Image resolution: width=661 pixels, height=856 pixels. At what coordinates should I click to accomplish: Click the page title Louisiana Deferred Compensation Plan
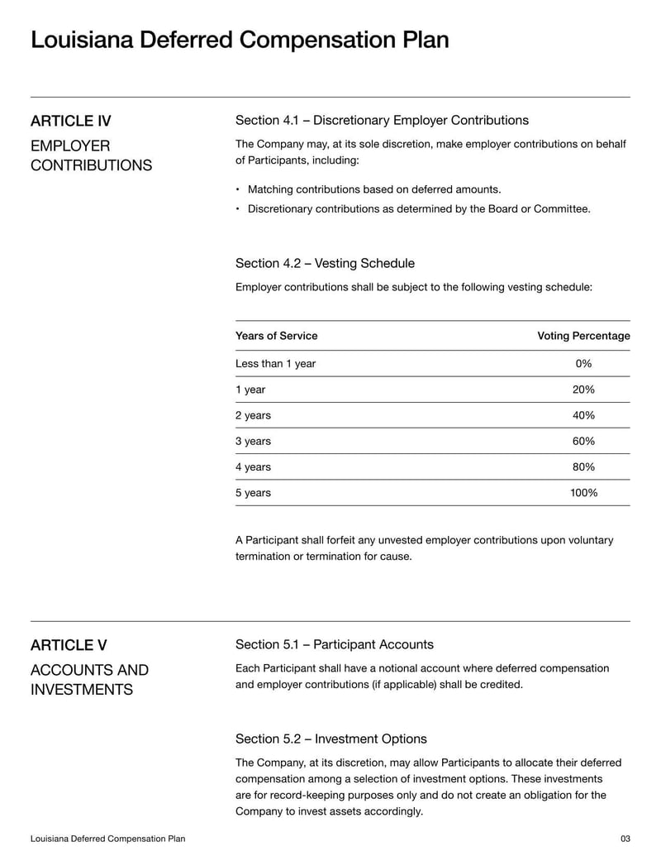(x=240, y=40)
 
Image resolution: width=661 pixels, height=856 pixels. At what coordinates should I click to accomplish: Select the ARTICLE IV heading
(x=71, y=122)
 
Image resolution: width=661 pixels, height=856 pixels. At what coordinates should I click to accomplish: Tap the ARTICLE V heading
(x=69, y=645)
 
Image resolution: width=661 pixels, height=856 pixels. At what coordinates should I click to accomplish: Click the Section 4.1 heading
(x=382, y=121)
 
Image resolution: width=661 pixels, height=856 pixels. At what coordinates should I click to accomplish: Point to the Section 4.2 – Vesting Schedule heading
(x=325, y=263)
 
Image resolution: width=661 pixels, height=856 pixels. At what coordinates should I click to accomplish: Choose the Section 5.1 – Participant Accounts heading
(x=334, y=644)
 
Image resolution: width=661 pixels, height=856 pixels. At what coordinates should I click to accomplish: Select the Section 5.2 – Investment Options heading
(x=330, y=739)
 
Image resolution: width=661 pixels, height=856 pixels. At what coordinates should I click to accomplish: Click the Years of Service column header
(x=276, y=336)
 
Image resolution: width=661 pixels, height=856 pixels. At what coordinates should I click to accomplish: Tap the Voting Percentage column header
(x=583, y=336)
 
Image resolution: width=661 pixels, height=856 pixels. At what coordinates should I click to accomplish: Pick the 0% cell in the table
(x=583, y=364)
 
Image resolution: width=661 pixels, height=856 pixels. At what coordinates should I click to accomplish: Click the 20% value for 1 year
(x=583, y=390)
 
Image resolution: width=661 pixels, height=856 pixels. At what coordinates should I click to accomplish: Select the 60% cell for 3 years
(x=583, y=441)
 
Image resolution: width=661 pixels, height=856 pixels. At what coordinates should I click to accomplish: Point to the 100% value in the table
(x=583, y=493)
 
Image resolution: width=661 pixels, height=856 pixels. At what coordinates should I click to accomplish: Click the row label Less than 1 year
(x=275, y=364)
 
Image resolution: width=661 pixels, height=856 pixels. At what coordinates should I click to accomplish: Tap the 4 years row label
(x=253, y=467)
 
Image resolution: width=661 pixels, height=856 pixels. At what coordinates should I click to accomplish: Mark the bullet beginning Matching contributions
(x=374, y=189)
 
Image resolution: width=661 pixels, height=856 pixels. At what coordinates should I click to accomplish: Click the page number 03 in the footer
(x=625, y=839)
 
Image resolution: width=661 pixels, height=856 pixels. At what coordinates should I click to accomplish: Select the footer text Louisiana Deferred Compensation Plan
(x=107, y=839)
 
